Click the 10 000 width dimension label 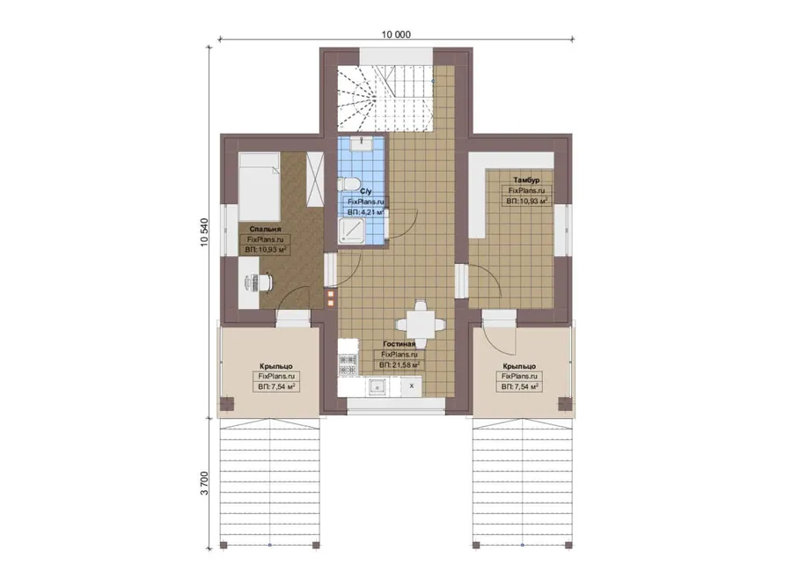coord(396,34)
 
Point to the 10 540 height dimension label coord(204,231)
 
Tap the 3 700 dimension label coord(204,483)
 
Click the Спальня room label coord(265,230)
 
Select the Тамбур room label coord(526,180)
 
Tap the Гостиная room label coord(399,344)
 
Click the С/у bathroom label coord(366,192)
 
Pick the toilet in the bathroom coord(348,183)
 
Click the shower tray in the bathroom coord(354,231)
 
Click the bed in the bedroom coord(260,186)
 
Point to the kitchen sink coord(377,387)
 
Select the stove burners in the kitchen coord(348,364)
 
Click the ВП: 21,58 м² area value coord(399,364)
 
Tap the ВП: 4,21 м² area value coord(366,212)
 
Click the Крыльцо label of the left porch coord(275,366)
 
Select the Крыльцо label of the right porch coord(519,366)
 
